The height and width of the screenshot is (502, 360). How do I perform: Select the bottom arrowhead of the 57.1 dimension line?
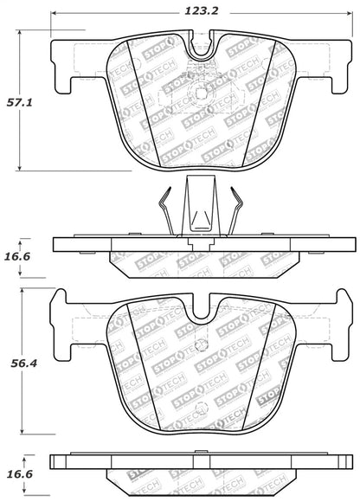coord(21,170)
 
